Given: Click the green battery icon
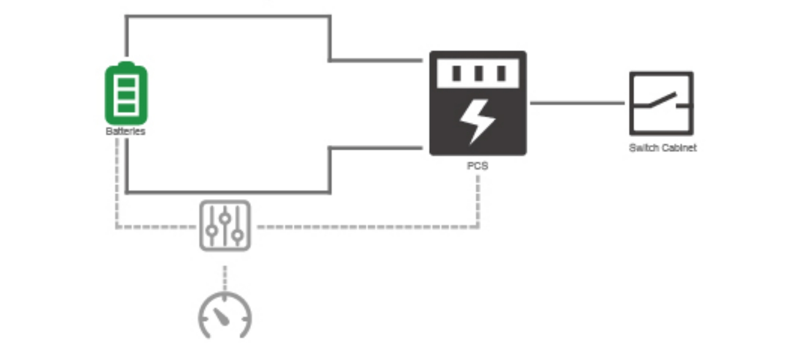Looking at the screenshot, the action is point(126,93).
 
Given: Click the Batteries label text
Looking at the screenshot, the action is point(125,132).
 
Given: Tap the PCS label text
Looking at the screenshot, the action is point(477,166).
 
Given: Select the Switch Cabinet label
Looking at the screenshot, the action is point(663,147).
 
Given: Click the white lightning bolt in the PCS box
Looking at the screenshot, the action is point(477,121).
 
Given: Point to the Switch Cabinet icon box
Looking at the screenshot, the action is point(661,103).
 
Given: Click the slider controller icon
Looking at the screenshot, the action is point(225,226).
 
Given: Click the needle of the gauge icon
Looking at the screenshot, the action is point(221,316).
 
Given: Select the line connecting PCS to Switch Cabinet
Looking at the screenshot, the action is point(577,103).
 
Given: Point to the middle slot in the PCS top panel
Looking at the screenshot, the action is point(479,73).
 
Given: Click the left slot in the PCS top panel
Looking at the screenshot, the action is point(456,73).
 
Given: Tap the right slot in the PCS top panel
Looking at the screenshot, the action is point(501,73).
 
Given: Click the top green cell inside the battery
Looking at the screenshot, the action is point(126,83).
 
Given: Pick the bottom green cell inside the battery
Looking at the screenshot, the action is point(126,108).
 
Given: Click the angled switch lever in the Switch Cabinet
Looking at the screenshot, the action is point(663,100).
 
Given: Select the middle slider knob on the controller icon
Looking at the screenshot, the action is point(225,218).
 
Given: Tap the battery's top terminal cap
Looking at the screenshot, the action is point(126,65).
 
